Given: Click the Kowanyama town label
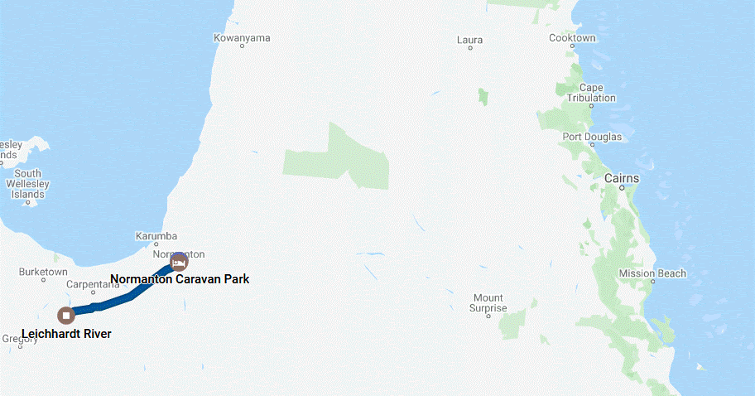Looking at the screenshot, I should [x=242, y=38].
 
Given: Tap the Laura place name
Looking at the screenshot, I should [x=469, y=39].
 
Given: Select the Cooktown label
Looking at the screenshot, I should [x=572, y=38].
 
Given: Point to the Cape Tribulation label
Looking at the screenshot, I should [x=591, y=93].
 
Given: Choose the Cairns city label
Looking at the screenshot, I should [x=621, y=178].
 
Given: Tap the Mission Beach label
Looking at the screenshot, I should [x=652, y=273].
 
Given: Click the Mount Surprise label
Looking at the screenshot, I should [x=488, y=303].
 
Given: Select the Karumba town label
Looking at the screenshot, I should [x=156, y=236].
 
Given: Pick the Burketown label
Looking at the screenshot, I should [x=43, y=272].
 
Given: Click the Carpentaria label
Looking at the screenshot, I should [x=94, y=284].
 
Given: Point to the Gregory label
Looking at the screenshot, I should [x=20, y=338].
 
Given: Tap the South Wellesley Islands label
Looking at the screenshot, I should [x=27, y=184].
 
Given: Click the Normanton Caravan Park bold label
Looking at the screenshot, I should [x=180, y=279].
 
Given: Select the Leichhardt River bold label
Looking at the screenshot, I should [x=66, y=334].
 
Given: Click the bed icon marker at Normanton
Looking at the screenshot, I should [x=178, y=262].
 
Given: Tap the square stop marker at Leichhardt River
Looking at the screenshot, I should [x=66, y=315].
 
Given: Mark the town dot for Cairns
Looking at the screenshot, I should [x=622, y=188].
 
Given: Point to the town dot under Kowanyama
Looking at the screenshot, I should [x=242, y=46].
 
